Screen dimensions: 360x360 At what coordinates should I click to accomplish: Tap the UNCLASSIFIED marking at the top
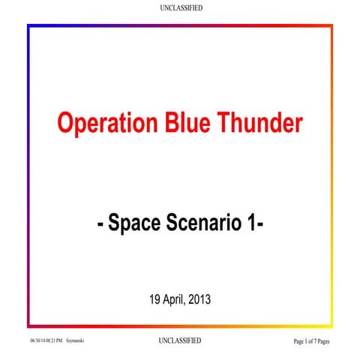(x=181, y=7)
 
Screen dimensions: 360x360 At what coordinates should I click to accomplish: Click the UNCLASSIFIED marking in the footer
(x=181, y=341)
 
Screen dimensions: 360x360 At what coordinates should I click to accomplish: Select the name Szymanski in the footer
(x=74, y=342)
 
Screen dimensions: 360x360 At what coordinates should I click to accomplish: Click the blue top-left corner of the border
(x=28, y=26)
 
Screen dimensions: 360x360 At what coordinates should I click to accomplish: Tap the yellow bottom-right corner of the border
(x=331, y=326)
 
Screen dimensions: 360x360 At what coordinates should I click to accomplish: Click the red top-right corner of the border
(x=331, y=26)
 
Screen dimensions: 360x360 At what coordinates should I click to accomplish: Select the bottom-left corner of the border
(x=28, y=326)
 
